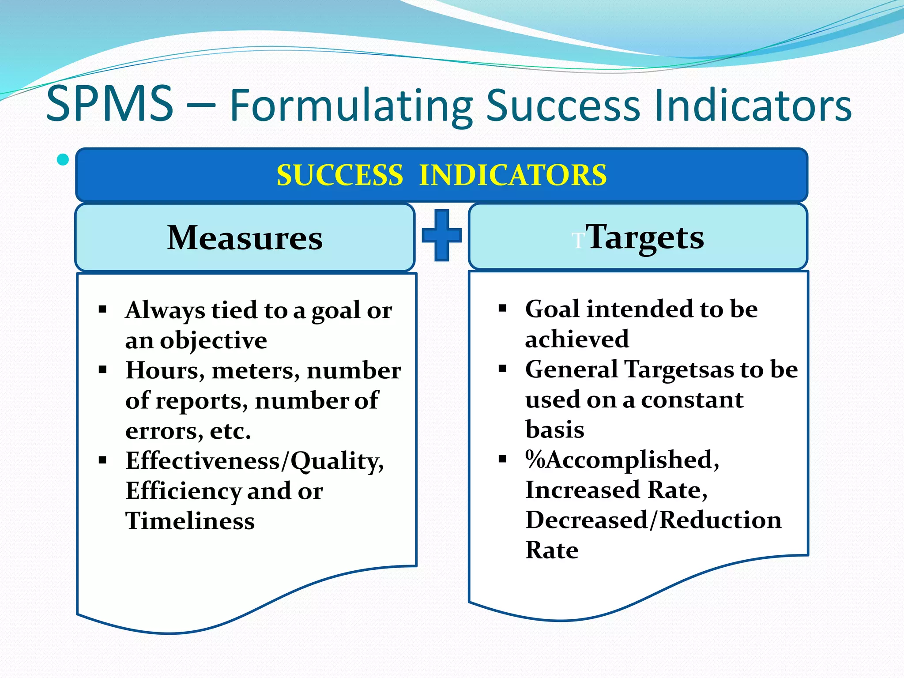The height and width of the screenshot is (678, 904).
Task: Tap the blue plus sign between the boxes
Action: [441, 235]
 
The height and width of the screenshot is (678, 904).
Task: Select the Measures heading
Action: [245, 238]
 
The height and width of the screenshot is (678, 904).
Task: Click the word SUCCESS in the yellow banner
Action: [339, 175]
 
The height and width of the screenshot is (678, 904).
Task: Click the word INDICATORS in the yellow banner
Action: [513, 175]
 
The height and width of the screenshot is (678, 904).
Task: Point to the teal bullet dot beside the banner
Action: [63, 159]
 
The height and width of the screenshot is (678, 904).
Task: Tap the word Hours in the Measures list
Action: [165, 371]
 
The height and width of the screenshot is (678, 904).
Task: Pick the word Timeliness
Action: [190, 521]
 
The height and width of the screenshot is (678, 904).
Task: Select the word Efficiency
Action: [183, 491]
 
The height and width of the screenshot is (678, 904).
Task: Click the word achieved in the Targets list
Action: [576, 339]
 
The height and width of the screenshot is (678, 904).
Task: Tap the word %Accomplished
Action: [621, 460]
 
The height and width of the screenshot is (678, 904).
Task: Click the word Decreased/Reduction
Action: [653, 520]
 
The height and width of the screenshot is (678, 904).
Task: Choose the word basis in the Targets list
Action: [554, 429]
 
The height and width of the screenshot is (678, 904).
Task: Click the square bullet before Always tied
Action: [103, 309]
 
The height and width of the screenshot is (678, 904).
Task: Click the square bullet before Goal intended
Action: [502, 308]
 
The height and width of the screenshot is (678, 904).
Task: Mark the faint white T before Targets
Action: [578, 241]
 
